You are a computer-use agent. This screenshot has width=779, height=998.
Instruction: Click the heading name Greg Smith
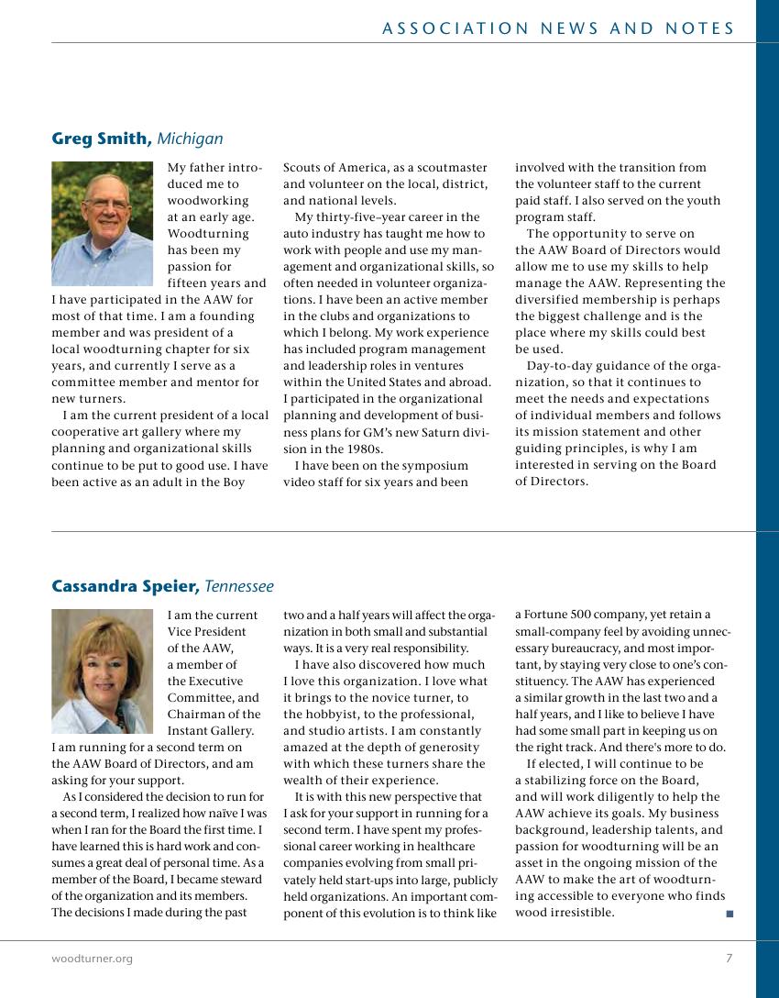[101, 139]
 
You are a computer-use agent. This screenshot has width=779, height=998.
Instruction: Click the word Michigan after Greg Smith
[190, 139]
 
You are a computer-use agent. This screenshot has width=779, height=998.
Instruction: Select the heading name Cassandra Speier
[124, 586]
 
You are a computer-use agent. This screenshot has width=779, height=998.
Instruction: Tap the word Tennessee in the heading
[238, 586]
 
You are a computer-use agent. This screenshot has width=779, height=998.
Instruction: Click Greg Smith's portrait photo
[102, 224]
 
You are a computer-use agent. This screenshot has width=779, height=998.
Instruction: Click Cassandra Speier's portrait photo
[102, 671]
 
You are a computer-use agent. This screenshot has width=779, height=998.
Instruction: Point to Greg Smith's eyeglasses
[108, 204]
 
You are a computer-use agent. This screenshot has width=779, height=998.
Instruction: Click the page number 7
[729, 959]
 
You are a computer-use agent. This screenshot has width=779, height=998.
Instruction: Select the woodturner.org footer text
[92, 959]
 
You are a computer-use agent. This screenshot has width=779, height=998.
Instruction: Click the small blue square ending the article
[730, 914]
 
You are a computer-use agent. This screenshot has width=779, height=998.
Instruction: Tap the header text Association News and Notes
[558, 28]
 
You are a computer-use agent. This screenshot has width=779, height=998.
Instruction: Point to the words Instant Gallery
[212, 730]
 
